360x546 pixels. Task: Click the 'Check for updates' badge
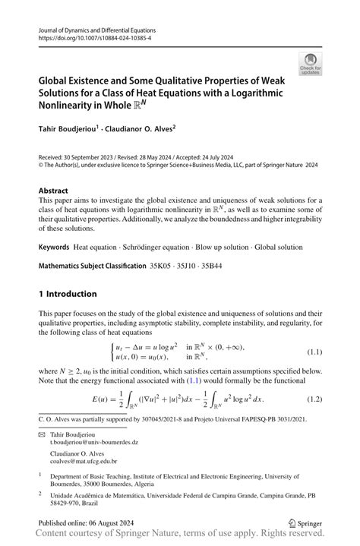309,65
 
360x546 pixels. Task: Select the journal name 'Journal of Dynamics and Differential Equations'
103,27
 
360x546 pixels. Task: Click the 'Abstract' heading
55,191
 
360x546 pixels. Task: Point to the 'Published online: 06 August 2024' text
91,524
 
